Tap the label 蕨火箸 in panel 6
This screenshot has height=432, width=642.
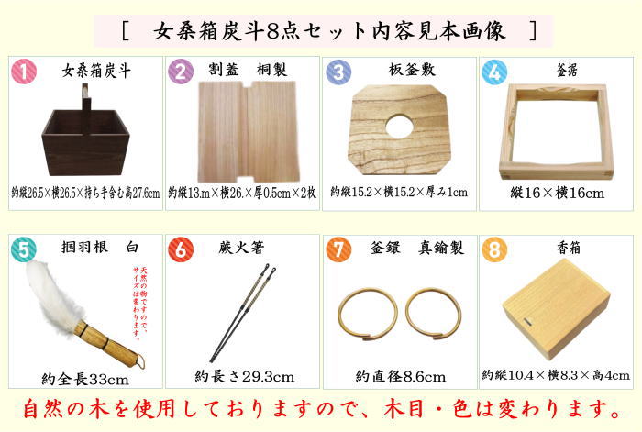pos(240,248)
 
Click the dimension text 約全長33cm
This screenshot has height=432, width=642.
pos(85,379)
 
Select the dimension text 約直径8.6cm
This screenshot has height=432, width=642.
pos(400,377)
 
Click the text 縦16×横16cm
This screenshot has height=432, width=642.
pos(557,194)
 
